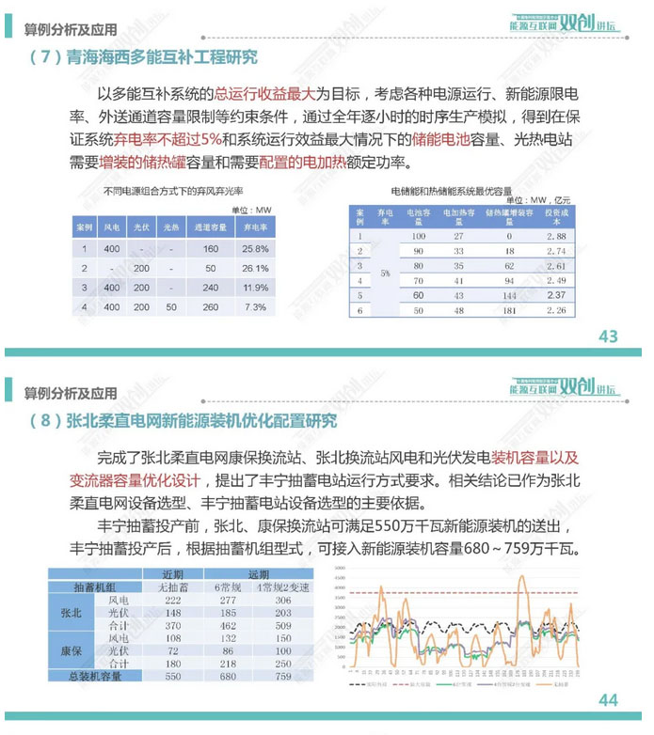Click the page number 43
608,336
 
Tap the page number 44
608,699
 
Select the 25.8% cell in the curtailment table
255,249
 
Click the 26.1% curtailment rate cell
255,268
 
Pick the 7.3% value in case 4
255,306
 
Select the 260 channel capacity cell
210,306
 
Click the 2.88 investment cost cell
557,236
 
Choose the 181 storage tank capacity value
509,309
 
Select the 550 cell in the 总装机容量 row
172,676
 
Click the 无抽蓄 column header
172,586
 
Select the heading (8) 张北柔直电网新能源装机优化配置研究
183,421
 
